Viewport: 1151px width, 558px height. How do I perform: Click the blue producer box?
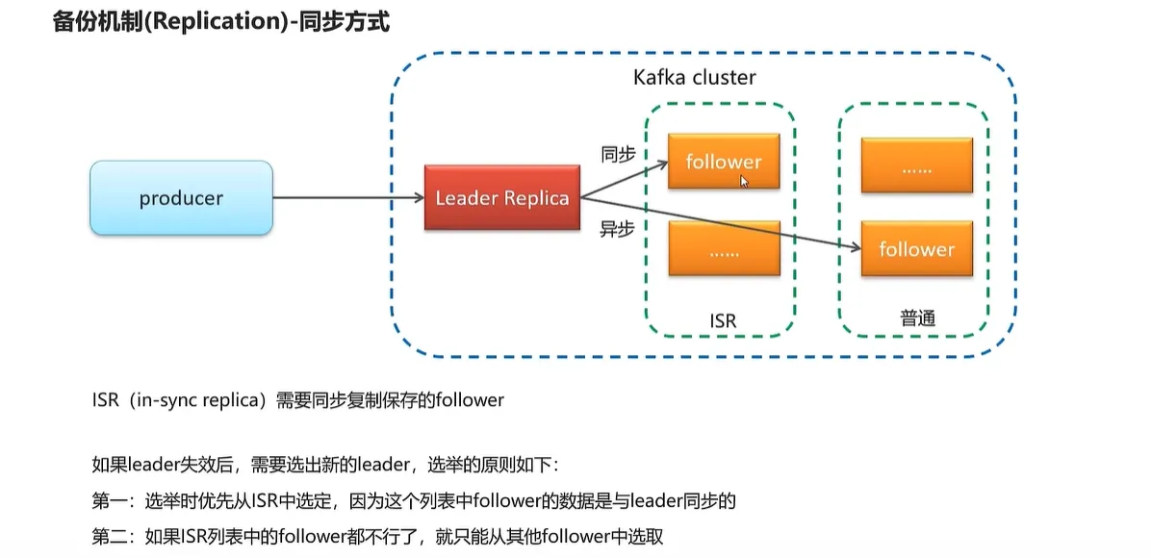(181, 198)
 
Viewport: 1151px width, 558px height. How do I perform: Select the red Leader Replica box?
(501, 198)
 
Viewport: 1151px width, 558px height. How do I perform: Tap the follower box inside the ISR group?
(723, 162)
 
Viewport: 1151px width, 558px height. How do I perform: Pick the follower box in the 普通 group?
(916, 249)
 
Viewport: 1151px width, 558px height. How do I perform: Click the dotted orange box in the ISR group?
(723, 249)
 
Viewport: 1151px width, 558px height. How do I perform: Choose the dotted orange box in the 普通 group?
(916, 165)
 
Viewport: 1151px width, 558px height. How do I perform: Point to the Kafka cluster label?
(694, 78)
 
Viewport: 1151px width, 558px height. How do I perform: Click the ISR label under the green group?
(722, 320)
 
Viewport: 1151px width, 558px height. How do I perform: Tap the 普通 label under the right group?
(917, 318)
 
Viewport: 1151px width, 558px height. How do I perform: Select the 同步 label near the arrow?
(617, 154)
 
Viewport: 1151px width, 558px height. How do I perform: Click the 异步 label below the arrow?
(617, 229)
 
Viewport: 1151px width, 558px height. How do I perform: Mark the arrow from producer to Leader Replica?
(348, 198)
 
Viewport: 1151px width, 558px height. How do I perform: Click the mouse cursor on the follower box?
(744, 181)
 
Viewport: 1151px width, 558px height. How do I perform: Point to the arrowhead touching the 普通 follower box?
(856, 248)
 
